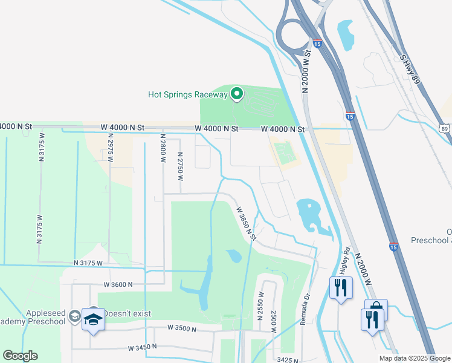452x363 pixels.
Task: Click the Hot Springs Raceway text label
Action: coord(187,94)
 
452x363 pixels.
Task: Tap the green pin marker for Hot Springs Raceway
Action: coord(237,94)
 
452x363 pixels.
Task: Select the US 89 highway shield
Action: coord(445,128)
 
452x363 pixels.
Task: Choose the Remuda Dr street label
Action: coord(306,310)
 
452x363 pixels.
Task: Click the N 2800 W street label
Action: coord(162,152)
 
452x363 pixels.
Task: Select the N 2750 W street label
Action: coord(180,166)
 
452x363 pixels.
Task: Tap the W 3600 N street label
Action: coord(118,284)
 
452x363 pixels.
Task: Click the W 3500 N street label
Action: coord(182,329)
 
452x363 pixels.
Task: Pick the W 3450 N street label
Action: coord(142,348)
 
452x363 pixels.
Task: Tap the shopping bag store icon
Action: coord(376,309)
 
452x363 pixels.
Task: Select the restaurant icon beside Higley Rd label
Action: coord(341,288)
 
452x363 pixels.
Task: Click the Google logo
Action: coord(20,356)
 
